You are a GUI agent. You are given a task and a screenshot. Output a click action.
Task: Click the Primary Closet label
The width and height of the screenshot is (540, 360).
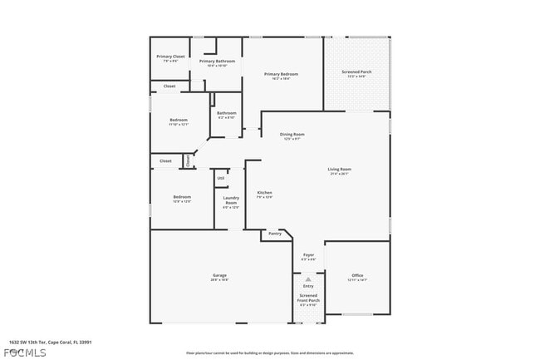170,57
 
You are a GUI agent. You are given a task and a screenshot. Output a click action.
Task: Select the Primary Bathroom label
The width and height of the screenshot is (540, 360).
217,62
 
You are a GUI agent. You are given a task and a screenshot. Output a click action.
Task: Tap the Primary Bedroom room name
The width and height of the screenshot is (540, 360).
281,75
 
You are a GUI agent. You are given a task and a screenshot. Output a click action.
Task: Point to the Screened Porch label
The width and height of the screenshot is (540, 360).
356,72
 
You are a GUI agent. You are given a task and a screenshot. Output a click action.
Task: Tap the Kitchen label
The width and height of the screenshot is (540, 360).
264,193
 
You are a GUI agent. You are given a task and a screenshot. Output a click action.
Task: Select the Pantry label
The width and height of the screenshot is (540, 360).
275,234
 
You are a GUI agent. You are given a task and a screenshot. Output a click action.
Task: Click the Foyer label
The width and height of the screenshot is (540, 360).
308,255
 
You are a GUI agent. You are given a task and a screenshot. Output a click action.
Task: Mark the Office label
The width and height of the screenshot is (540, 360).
357,275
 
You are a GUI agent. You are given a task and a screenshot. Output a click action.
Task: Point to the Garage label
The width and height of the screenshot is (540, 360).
219,275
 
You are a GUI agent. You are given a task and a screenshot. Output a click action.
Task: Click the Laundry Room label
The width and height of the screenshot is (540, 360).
230,200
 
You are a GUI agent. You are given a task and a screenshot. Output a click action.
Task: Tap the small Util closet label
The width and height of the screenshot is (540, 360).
220,178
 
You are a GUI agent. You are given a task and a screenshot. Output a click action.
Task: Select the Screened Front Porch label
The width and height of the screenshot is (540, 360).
308,298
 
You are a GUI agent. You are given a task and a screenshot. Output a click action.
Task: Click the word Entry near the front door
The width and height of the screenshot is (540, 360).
308,286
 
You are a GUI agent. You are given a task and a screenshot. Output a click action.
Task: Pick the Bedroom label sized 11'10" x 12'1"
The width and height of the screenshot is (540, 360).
179,120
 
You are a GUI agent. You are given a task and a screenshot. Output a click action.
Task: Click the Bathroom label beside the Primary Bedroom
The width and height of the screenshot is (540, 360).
226,113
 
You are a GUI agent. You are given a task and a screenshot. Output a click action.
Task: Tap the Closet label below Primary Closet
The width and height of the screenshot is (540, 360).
169,86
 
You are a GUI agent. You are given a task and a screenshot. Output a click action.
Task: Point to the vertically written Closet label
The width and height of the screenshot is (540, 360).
188,160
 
